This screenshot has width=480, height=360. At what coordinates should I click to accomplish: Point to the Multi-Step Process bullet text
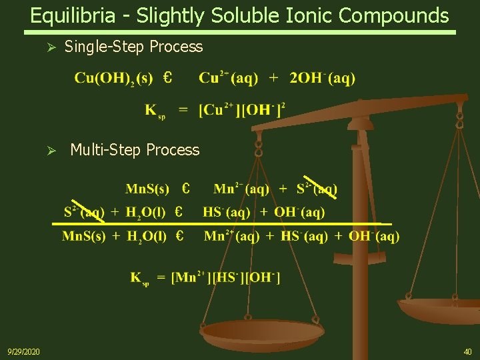pyautogui.click(x=135, y=150)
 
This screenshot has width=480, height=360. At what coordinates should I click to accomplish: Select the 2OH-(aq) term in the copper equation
pyautogui.click(x=322, y=79)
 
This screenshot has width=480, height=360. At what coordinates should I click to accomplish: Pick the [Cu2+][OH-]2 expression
pyautogui.click(x=242, y=109)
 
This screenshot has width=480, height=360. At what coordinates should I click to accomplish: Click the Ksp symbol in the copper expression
pyautogui.click(x=155, y=110)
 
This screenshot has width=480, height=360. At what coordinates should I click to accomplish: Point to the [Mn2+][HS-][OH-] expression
pyautogui.click(x=225, y=277)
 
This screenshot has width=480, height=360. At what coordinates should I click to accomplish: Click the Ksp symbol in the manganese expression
pyautogui.click(x=140, y=279)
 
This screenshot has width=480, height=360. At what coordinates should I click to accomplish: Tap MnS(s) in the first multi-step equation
pyautogui.click(x=147, y=189)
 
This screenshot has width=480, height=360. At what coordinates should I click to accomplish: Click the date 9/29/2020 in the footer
pyautogui.click(x=23, y=351)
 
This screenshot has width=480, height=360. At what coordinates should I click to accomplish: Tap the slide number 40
pyautogui.click(x=467, y=351)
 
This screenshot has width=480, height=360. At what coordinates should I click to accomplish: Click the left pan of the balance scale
pyautogui.click(x=261, y=332)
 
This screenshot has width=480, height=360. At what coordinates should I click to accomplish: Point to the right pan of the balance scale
pyautogui.click(x=440, y=309)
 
